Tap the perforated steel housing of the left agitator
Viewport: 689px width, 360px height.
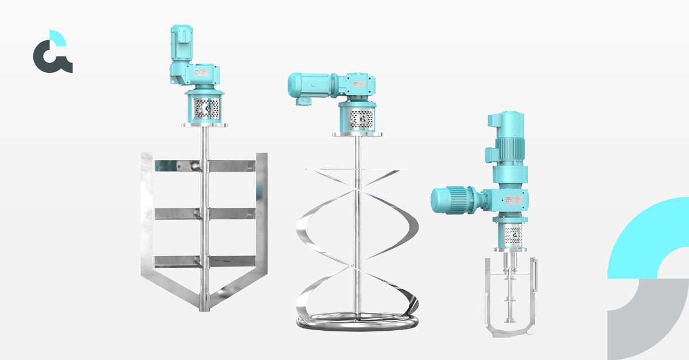coord(204,107)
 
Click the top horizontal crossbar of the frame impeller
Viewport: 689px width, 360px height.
coord(204,166)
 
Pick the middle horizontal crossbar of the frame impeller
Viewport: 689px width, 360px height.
coord(204,213)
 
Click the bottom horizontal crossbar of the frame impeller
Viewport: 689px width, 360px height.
coord(204,261)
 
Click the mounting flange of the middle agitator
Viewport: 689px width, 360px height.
coord(357,135)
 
